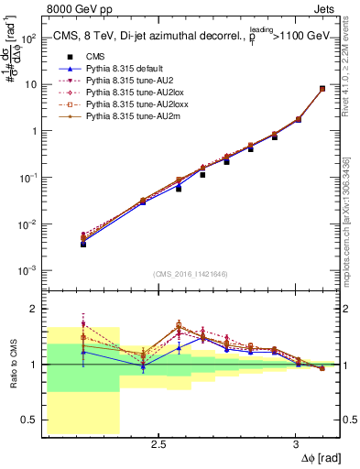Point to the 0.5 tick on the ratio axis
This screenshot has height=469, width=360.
(27, 420)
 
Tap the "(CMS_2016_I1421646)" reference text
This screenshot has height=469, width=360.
(191, 273)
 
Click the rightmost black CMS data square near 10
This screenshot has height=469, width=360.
(322, 89)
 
